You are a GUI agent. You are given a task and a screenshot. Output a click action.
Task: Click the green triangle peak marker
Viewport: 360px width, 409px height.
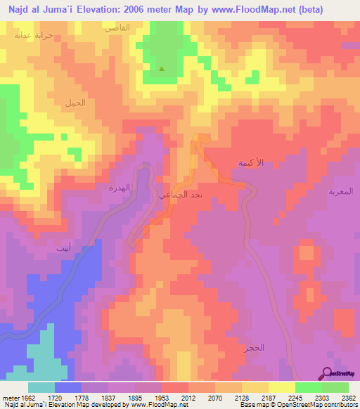pos(162,69)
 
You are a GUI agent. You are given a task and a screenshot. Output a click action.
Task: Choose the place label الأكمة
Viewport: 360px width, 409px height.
pos(251,163)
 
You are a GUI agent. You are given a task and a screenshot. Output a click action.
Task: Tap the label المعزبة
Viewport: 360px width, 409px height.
pos(340,190)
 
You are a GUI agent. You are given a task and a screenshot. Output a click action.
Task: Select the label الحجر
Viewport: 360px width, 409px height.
pos(256,348)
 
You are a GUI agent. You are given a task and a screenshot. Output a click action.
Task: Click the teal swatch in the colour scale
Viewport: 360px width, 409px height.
pos(41,387)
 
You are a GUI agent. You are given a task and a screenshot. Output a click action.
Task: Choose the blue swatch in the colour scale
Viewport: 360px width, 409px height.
pos(68,387)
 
